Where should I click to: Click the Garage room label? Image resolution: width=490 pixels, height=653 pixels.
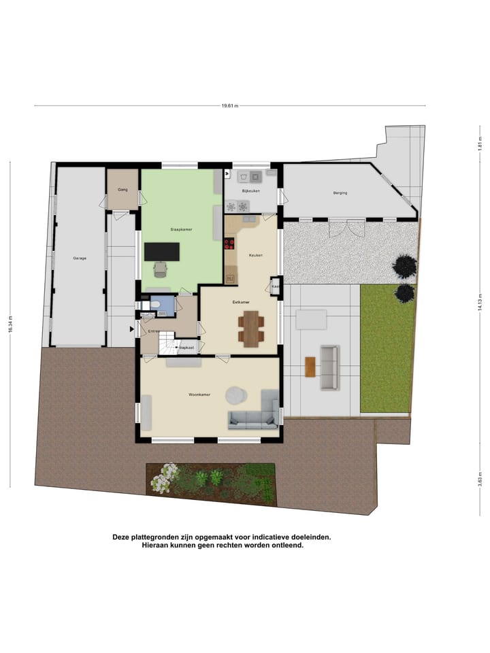click(80, 258)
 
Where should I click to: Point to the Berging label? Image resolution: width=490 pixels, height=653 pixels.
click(340, 193)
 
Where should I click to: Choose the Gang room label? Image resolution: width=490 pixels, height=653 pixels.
click(123, 189)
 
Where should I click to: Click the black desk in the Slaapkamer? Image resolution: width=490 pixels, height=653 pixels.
click(162, 252)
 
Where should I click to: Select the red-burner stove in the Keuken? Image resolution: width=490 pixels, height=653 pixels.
click(229, 243)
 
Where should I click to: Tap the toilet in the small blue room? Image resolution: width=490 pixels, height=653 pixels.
click(155, 304)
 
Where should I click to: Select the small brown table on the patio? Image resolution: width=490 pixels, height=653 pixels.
click(310, 367)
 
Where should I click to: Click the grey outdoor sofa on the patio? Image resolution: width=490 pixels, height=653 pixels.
click(329, 367)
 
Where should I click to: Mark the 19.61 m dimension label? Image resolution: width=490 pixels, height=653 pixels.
click(230, 106)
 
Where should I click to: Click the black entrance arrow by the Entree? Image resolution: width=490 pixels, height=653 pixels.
click(133, 330)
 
